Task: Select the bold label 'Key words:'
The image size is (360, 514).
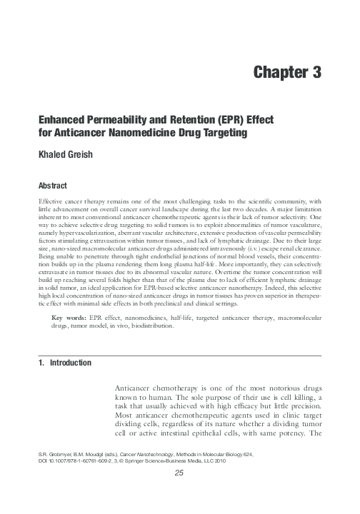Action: click(x=71, y=335)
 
